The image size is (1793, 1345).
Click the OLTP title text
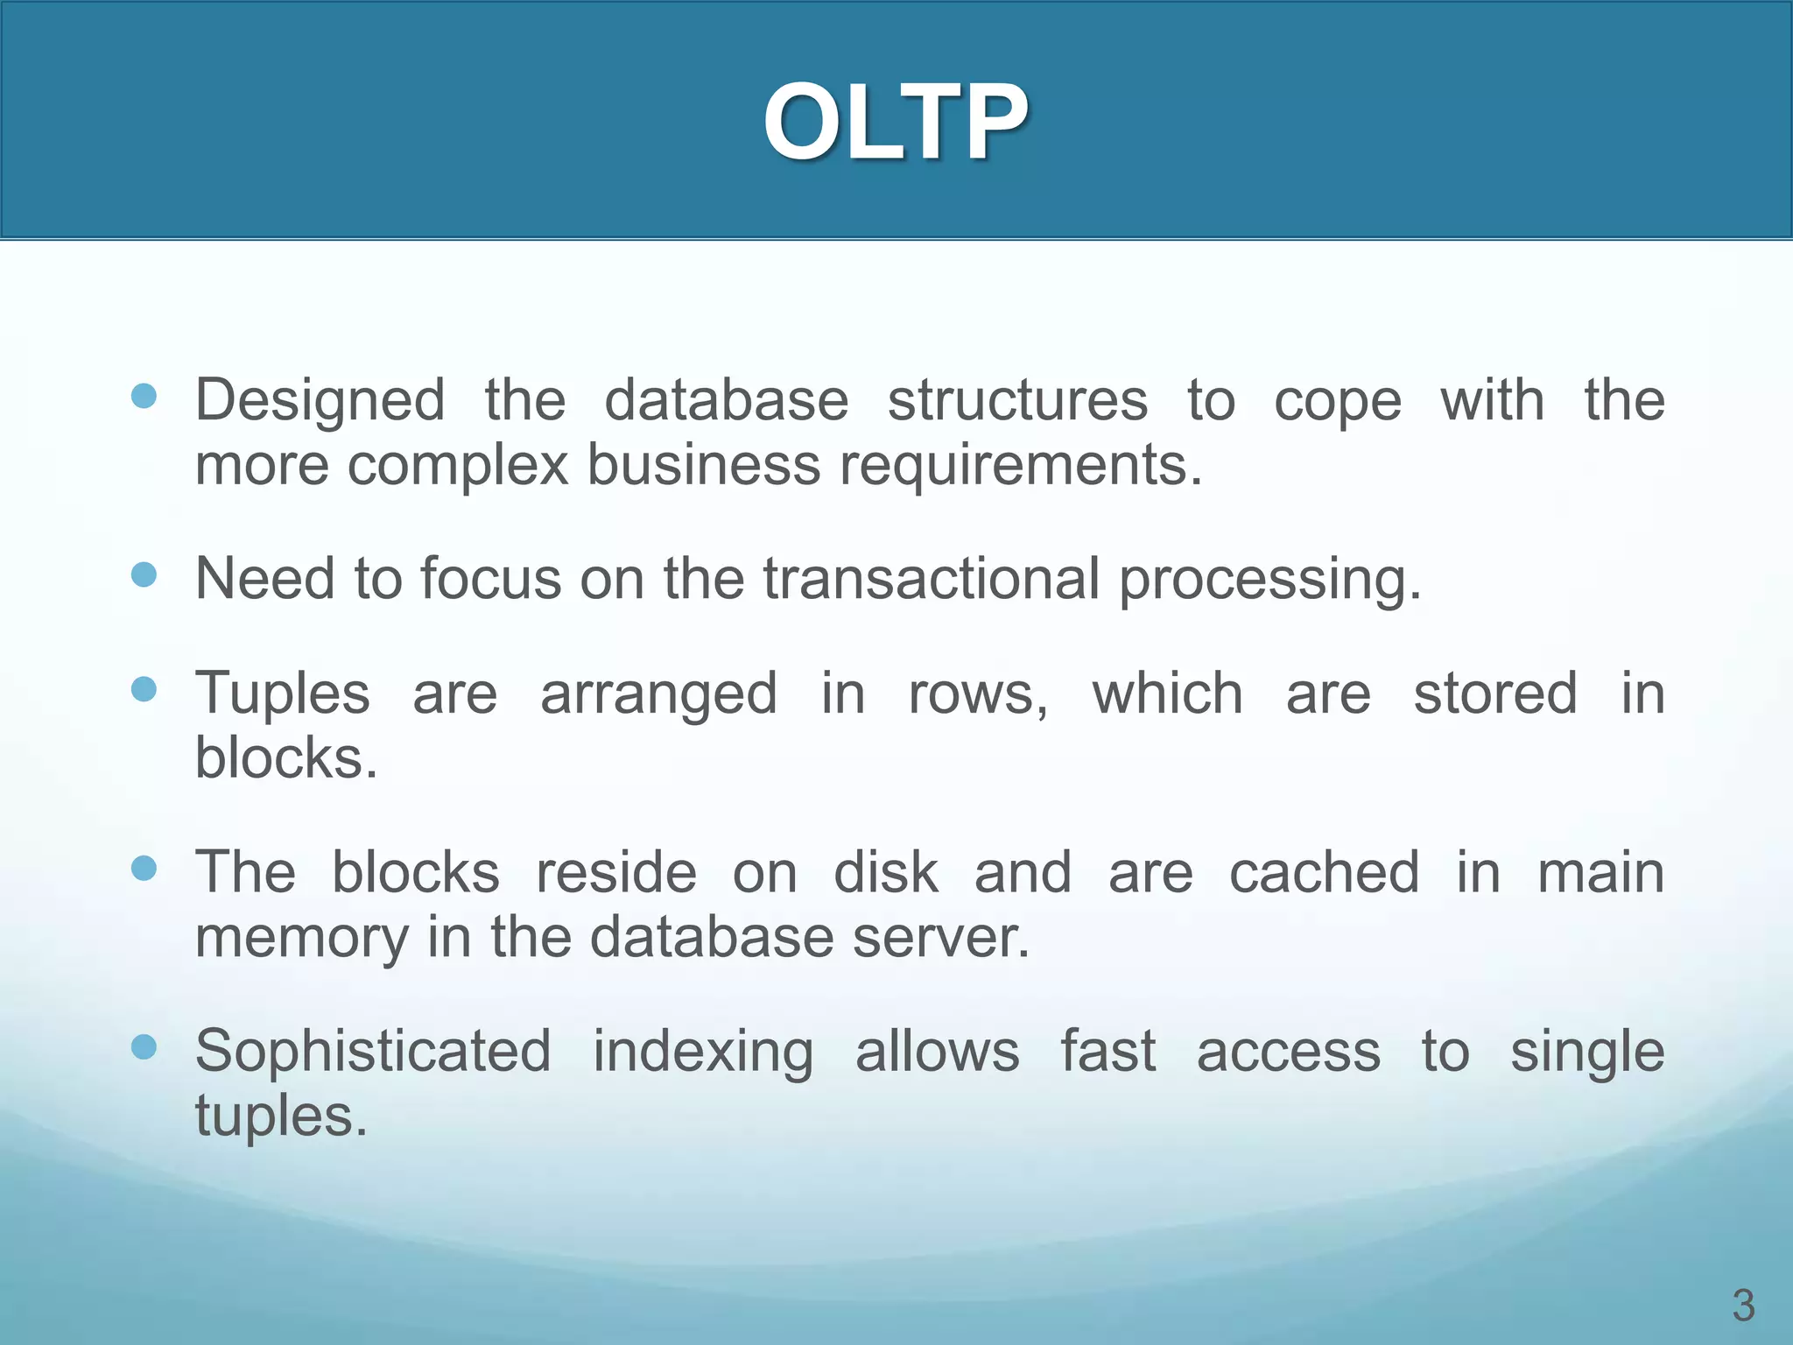point(896,123)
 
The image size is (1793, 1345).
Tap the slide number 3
point(1743,1306)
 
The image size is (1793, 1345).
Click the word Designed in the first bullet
point(320,400)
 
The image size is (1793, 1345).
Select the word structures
point(1017,400)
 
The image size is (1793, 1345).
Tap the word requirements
point(1020,465)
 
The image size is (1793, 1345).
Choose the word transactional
point(931,579)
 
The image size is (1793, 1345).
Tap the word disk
point(886,873)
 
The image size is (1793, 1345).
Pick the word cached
point(1324,873)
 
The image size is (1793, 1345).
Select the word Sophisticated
point(373,1052)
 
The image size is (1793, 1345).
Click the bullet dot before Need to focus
point(144,574)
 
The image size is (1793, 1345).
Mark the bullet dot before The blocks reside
point(144,868)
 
